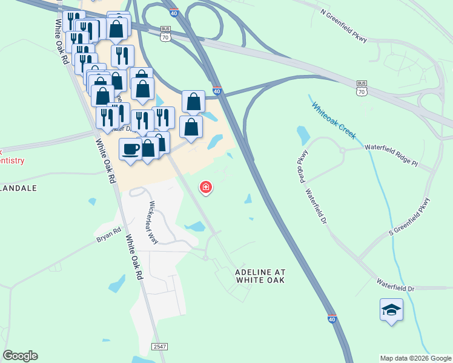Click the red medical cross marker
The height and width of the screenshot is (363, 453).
pyautogui.click(x=207, y=188)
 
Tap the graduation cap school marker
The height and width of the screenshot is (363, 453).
pyautogui.click(x=391, y=311)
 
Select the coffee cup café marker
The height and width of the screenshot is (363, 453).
pyautogui.click(x=130, y=149)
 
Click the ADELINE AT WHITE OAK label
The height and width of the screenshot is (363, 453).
pyautogui.click(x=260, y=276)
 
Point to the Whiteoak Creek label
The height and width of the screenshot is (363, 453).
pyautogui.click(x=334, y=120)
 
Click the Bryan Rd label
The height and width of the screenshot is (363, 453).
pyautogui.click(x=109, y=234)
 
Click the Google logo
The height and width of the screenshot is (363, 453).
pyautogui.click(x=20, y=356)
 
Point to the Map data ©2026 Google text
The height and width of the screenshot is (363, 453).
pyautogui.click(x=415, y=358)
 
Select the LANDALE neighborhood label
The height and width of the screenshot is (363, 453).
pyautogui.click(x=18, y=188)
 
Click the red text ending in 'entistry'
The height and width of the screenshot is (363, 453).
pyautogui.click(x=12, y=160)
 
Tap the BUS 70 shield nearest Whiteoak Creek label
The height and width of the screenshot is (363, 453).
pyautogui.click(x=362, y=88)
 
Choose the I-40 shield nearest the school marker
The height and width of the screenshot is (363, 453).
pyautogui.click(x=331, y=318)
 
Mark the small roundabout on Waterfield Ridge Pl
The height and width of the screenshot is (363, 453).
pyautogui.click(x=342, y=150)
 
